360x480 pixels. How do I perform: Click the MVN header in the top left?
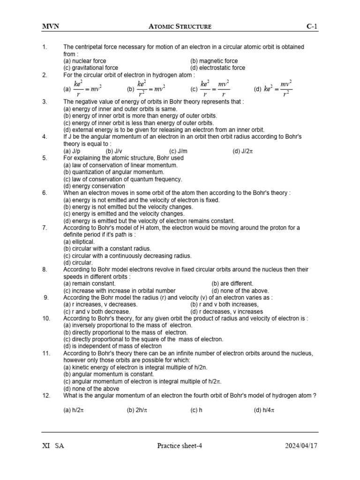[51, 27]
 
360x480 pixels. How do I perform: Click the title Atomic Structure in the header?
[180, 27]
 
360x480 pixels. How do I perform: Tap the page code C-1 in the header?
[312, 27]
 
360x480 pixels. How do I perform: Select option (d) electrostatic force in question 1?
[217, 67]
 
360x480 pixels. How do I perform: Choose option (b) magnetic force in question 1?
[214, 61]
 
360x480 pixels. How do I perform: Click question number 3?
[45, 102]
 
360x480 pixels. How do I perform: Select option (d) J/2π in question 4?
[243, 151]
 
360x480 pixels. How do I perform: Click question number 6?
[45, 193]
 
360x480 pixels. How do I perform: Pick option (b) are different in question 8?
[232, 284]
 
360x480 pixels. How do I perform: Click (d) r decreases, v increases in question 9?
[226, 311]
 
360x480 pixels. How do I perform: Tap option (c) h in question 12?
[196, 410]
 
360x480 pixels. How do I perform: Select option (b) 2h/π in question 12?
[137, 410]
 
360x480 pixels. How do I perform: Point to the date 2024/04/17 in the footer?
[301, 446]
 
